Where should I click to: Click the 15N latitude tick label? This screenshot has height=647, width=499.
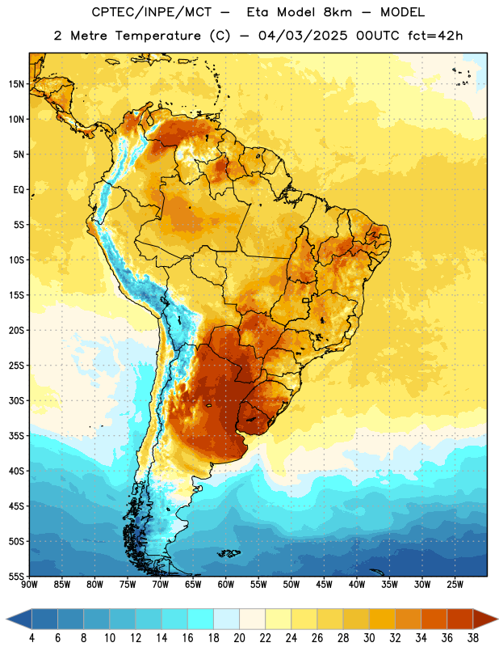click(16, 84)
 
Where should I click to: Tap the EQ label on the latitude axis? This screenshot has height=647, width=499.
click(19, 190)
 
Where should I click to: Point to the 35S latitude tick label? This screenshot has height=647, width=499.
click(16, 436)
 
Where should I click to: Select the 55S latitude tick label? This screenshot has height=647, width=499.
click(16, 577)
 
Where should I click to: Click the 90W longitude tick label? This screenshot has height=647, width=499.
click(29, 585)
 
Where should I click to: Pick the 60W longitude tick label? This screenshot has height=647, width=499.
click(226, 585)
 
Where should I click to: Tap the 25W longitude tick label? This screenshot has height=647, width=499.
click(455, 585)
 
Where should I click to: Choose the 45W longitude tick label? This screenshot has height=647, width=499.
click(325, 585)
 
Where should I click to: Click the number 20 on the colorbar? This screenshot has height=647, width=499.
click(239, 638)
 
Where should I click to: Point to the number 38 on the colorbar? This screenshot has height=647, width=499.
click(473, 638)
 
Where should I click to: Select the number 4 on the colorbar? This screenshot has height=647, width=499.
click(31, 638)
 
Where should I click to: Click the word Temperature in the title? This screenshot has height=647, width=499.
click(158, 36)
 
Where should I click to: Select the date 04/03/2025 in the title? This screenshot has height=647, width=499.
click(303, 36)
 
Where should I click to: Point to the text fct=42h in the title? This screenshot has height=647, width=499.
click(435, 36)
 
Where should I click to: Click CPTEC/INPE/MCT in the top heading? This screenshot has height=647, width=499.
click(152, 12)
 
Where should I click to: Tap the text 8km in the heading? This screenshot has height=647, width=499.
click(338, 12)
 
